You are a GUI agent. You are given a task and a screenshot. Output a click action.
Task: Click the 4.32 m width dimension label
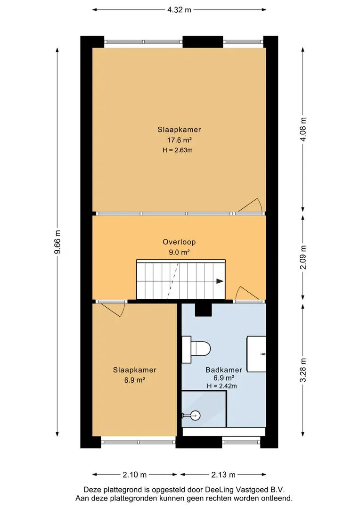pyautogui.click(x=179, y=10)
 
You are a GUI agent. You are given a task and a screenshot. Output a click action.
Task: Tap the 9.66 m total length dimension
pyautogui.click(x=57, y=243)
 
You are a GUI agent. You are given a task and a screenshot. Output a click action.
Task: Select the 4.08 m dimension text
pyautogui.click(x=303, y=129)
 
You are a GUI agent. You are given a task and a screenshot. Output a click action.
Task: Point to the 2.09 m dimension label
pyautogui.click(x=303, y=257)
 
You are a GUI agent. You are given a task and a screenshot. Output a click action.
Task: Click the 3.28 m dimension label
pyautogui.click(x=303, y=370)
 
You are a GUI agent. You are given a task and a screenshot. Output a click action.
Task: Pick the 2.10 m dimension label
pyautogui.click(x=135, y=475)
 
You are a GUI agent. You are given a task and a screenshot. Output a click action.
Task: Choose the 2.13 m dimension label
pyautogui.click(x=223, y=475)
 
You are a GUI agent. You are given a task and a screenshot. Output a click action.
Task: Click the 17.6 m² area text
pyautogui.click(x=179, y=140)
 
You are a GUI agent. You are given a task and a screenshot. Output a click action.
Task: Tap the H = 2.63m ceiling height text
pyautogui.click(x=178, y=150)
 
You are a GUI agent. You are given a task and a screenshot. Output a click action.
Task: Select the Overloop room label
pyautogui.click(x=179, y=242)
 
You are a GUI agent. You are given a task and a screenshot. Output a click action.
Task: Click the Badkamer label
pyautogui.click(x=224, y=370)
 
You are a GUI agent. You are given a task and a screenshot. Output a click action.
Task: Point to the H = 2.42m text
pyautogui.click(x=222, y=386)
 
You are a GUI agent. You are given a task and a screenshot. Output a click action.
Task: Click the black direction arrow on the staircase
pyautogui.click(x=220, y=281)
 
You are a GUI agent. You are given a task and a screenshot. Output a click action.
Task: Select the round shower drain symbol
pyautogui.click(x=196, y=415)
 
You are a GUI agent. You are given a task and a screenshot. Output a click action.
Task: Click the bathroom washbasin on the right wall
pyautogui.click(x=256, y=354)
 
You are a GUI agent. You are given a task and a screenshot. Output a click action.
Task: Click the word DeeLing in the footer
pyautogui.click(x=218, y=490)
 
